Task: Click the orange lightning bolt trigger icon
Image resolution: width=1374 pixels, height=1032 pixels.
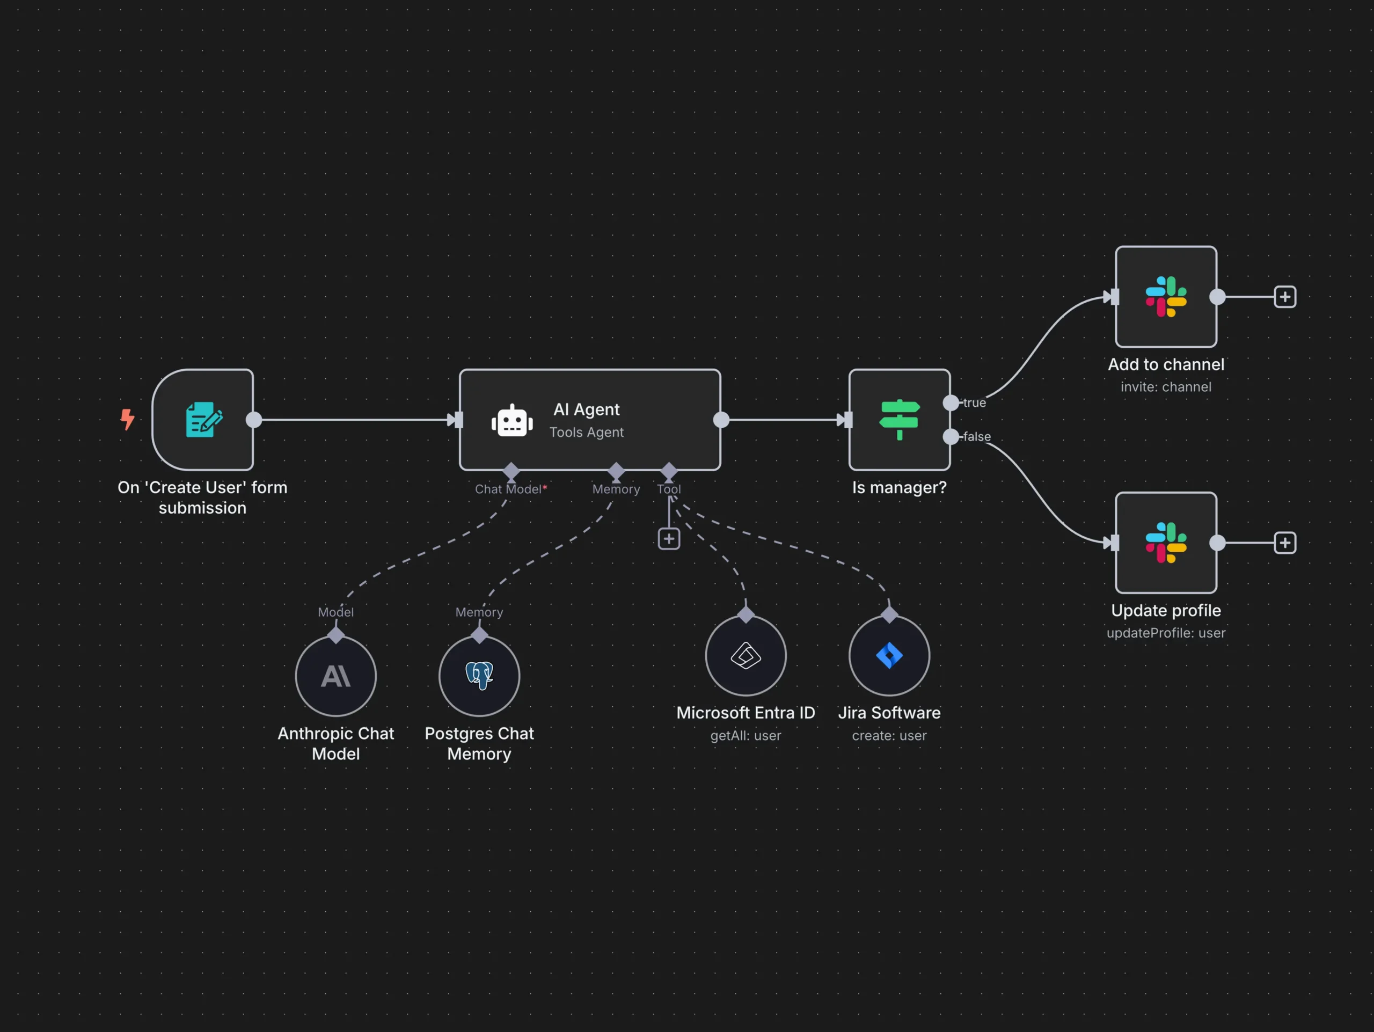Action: click(127, 419)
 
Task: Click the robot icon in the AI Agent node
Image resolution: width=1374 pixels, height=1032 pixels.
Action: click(512, 421)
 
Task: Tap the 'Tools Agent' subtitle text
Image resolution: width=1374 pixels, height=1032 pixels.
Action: click(587, 432)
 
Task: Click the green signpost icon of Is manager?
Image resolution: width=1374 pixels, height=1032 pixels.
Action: click(900, 420)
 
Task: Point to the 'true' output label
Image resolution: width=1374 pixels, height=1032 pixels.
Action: click(974, 403)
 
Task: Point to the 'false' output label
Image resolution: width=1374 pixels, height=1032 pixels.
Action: click(976, 436)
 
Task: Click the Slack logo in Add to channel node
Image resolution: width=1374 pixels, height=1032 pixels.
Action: click(1166, 297)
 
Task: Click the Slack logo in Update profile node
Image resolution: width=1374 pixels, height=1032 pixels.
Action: click(1166, 543)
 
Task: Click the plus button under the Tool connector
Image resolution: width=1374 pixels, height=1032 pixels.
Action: click(669, 539)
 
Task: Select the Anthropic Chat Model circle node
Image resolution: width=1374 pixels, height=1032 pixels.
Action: click(336, 676)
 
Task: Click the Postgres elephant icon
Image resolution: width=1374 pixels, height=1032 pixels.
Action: click(479, 676)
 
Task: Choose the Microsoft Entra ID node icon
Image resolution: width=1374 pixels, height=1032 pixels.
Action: click(746, 655)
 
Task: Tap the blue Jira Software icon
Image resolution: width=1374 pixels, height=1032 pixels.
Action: click(889, 655)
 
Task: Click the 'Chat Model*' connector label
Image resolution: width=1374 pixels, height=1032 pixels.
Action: click(510, 489)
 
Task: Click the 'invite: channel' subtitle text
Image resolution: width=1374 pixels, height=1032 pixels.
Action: click(1166, 387)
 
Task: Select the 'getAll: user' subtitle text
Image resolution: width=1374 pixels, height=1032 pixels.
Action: click(746, 736)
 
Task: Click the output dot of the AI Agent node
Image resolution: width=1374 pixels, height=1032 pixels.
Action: click(721, 420)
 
